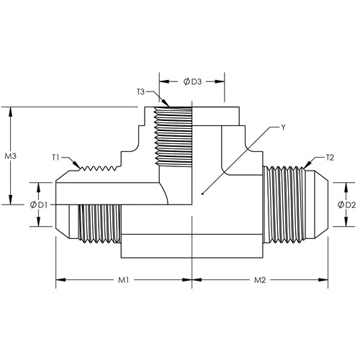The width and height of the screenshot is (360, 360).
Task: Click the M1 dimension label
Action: (123, 280)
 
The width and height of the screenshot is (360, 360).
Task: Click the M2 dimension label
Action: (260, 280)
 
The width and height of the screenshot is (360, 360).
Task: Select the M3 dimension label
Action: (11, 156)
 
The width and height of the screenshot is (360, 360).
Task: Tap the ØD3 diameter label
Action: (193, 82)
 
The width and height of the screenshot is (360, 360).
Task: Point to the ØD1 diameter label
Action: (39, 205)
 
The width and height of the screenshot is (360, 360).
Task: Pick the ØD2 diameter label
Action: (346, 205)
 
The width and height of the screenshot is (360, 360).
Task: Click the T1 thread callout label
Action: (55, 158)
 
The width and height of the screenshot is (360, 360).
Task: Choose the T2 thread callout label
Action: (330, 158)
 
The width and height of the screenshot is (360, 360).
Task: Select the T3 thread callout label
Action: (141, 91)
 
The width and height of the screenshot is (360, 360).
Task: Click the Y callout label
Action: (284, 127)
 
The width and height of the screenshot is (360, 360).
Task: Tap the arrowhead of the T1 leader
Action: (78, 166)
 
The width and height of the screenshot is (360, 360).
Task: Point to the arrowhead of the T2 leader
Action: (307, 166)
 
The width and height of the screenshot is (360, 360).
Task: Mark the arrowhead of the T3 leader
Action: (166, 103)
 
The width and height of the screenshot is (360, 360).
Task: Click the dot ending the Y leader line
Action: (202, 194)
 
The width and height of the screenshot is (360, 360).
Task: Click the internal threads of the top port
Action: (173, 137)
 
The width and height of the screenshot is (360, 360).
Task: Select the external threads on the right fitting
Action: (284, 204)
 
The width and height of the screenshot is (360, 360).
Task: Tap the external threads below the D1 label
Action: (99, 224)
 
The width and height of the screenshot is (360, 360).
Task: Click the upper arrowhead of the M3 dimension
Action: (10, 112)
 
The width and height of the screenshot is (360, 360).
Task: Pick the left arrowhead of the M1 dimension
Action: (60, 280)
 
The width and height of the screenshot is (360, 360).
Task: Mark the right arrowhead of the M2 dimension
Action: (323, 280)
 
